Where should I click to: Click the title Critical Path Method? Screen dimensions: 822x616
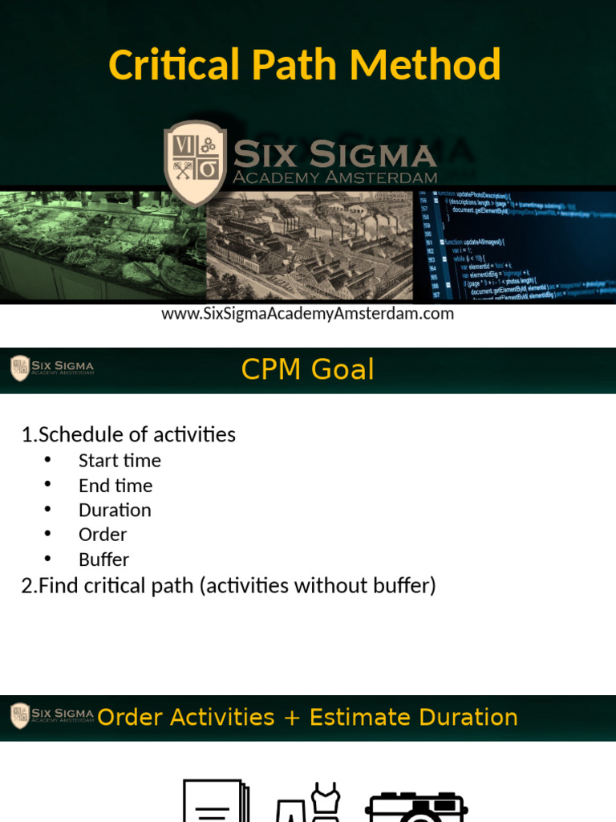click(305, 65)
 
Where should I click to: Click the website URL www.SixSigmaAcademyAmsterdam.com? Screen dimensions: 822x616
click(308, 314)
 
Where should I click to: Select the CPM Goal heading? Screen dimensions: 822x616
click(308, 369)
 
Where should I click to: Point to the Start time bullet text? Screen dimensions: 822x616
click(120, 461)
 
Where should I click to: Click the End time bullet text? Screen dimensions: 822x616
click(115, 486)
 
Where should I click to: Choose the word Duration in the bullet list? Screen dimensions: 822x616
click(115, 511)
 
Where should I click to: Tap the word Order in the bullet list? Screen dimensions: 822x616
click(103, 535)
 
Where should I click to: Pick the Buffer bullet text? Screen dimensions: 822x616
click(103, 560)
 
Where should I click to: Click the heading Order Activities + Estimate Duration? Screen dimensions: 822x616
click(307, 717)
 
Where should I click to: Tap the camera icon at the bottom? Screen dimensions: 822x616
click(416, 803)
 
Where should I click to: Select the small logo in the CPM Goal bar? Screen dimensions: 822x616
click(20, 368)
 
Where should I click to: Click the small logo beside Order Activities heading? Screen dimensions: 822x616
click(20, 716)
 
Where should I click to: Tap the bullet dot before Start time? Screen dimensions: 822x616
click(48, 460)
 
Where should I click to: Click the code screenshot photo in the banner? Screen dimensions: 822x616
click(514, 244)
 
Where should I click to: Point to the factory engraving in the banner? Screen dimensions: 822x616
click(310, 246)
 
